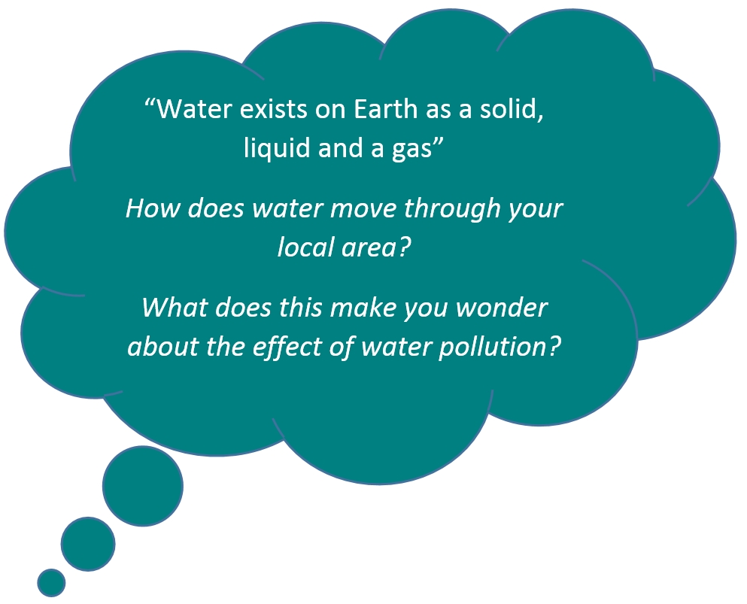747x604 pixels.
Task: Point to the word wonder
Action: pyautogui.click(x=501, y=308)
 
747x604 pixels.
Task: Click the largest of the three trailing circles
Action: pyautogui.click(x=142, y=486)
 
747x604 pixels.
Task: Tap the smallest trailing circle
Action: pyautogui.click(x=51, y=583)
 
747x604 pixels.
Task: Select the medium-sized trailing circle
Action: pyautogui.click(x=88, y=544)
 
